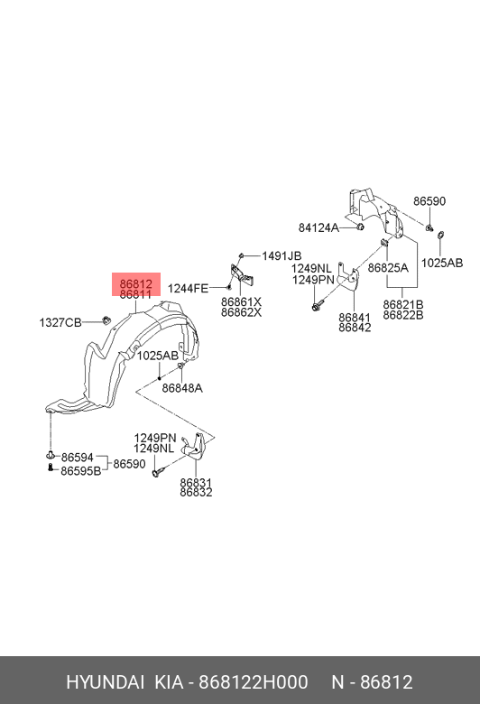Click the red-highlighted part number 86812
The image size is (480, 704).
coord(136,283)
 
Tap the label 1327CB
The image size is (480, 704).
coord(60,322)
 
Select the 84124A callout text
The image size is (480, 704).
coord(318,227)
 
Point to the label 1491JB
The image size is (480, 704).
coord(282,256)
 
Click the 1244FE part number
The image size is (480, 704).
coord(189,288)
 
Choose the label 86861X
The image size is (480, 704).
coord(241,301)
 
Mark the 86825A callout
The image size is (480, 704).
coord(388,268)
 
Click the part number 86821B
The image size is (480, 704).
coord(403,305)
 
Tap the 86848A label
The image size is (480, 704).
coord(182,388)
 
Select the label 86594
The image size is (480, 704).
coord(78,458)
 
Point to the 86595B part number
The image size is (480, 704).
coord(81,470)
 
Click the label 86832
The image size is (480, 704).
coord(196,493)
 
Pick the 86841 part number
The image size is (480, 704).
coord(355,318)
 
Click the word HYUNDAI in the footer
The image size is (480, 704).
coord(105,682)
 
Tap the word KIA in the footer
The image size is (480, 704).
coord(170,682)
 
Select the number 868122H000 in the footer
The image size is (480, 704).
coord(254,682)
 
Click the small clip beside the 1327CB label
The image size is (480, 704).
coord(106,320)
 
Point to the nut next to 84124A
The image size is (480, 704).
coord(360,227)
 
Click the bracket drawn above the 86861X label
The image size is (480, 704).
coord(243,274)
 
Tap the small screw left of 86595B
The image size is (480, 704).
coord(51,468)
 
